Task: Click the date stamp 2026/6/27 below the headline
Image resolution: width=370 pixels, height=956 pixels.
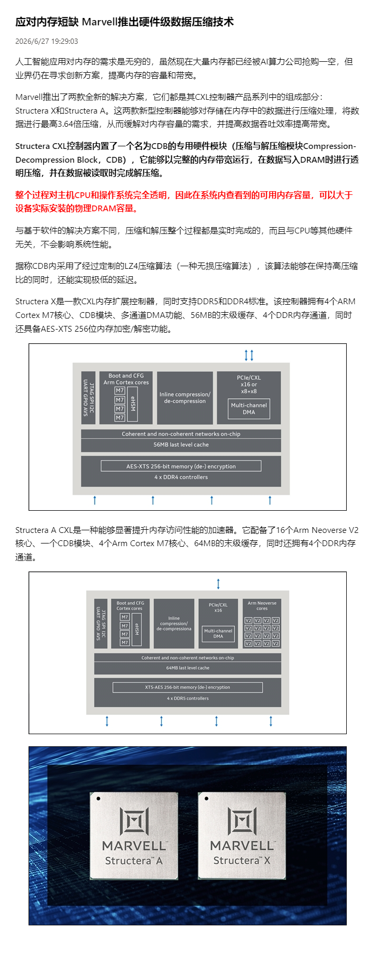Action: coord(31,41)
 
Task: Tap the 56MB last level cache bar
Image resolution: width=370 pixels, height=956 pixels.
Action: coord(181,445)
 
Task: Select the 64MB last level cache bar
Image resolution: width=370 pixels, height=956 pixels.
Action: coord(188,668)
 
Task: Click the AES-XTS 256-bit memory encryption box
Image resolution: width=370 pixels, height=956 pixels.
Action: coord(181,466)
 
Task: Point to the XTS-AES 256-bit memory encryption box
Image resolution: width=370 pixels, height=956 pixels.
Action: coord(188,687)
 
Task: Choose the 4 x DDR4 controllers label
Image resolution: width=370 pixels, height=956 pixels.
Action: coord(181,477)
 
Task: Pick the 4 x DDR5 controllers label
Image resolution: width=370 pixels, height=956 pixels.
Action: coord(188,698)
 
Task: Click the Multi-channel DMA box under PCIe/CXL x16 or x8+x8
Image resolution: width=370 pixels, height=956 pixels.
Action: coord(249,409)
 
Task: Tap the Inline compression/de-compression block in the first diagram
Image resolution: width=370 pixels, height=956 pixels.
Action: coord(185,398)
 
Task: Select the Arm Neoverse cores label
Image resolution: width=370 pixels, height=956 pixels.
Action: coord(262,605)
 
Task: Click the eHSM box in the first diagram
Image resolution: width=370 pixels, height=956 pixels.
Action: coord(133,404)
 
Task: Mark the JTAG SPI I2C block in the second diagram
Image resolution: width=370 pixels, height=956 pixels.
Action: coord(101,623)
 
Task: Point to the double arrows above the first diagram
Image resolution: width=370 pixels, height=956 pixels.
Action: coord(249,355)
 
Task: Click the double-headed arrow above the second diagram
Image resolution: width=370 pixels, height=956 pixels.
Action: coord(218,584)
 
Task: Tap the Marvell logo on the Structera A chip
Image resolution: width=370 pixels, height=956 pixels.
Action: coord(134,821)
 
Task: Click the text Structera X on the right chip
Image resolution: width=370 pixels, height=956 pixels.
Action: coord(242,860)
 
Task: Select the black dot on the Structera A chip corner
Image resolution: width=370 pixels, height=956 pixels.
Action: coord(98,799)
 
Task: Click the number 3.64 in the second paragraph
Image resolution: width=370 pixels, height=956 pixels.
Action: coord(66,124)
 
